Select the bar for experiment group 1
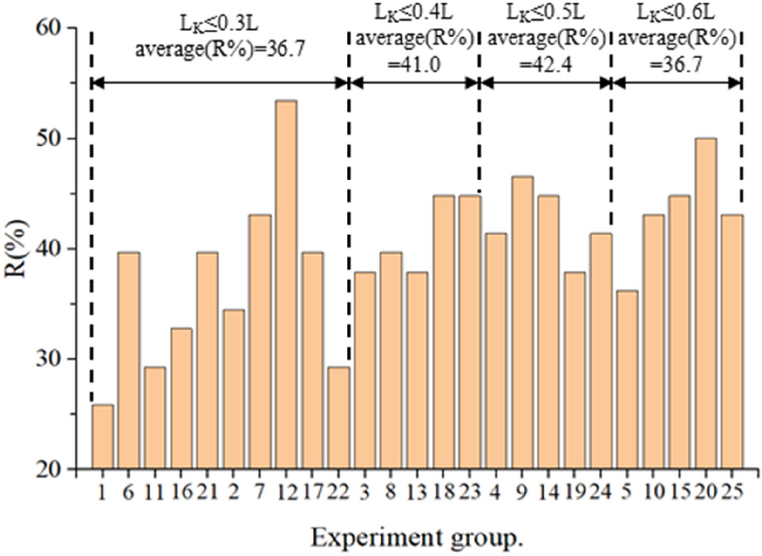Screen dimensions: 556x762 click(103, 437)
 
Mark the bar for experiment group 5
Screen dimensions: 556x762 click(626, 379)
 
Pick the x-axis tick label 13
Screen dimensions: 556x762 click(417, 490)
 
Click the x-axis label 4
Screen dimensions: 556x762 click(496, 490)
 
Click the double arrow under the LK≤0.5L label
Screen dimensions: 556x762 click(545, 82)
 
